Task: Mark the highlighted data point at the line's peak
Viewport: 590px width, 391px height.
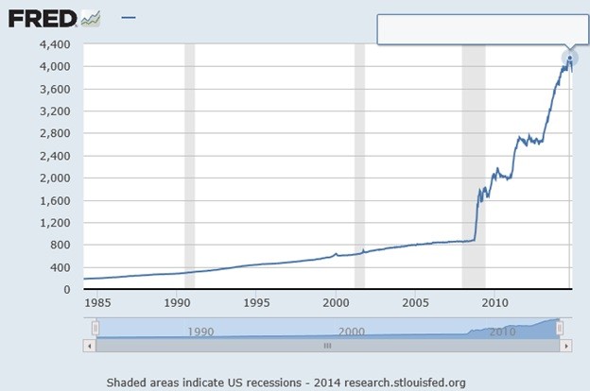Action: (x=570, y=59)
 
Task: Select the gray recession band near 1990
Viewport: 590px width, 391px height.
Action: (x=189, y=170)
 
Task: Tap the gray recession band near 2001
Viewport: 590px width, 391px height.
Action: (x=359, y=170)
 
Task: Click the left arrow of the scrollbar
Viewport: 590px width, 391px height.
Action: (x=90, y=346)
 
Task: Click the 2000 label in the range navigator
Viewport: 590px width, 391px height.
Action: (x=350, y=331)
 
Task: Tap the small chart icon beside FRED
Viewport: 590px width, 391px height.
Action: (x=92, y=18)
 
